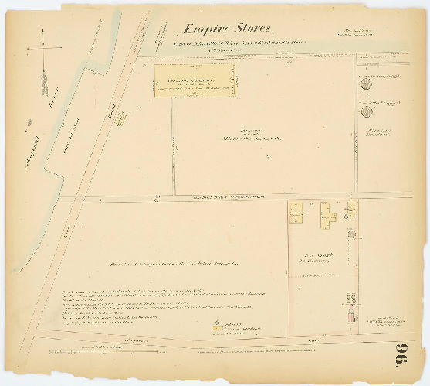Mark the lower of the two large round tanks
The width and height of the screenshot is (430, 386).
pos(366,111)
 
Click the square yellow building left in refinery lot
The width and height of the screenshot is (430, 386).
pos(296,216)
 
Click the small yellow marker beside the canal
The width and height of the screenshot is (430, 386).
pos(120,118)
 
